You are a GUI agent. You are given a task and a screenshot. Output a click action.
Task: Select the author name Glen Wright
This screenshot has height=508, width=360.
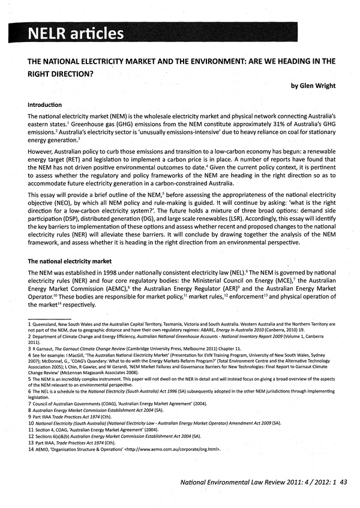pyautogui.click(x=313, y=86)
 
